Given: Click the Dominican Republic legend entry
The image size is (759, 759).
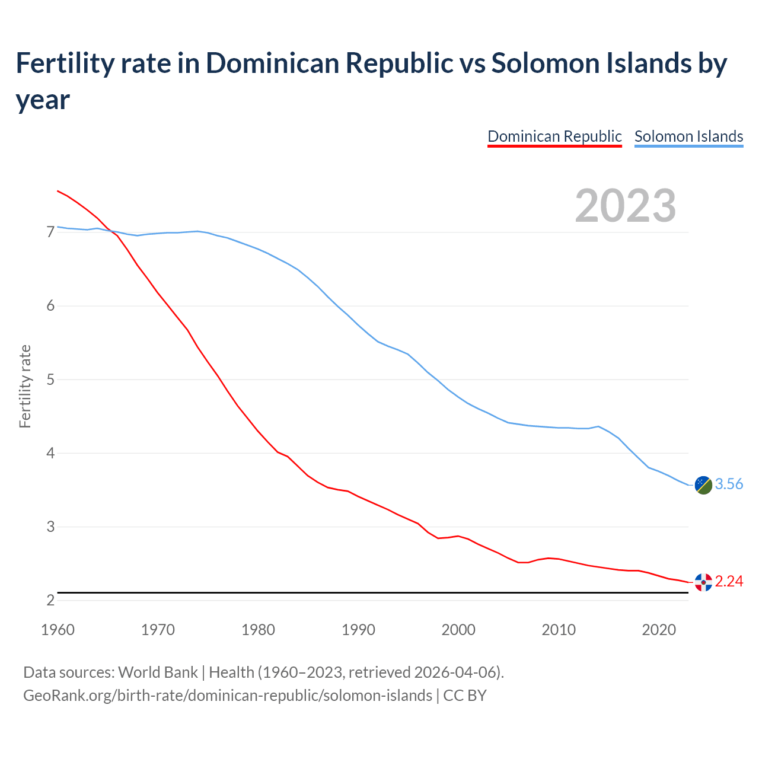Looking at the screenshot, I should point(554,136).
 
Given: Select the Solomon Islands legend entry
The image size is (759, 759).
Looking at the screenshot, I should point(688,136).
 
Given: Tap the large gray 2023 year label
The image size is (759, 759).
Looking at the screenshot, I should point(626,206).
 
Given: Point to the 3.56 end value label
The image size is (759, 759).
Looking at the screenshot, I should point(729,484).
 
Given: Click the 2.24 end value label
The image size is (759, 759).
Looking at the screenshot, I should point(729,582).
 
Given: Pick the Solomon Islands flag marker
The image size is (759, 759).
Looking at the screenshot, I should point(703,484).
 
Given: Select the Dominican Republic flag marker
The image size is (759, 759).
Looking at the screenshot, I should point(703,582).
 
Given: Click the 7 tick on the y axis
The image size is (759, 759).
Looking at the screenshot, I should point(50,232).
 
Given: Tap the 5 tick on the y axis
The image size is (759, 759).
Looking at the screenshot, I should point(50,379).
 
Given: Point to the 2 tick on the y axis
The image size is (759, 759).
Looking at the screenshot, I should point(50,601).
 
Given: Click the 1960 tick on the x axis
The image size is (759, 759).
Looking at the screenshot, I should point(58,630).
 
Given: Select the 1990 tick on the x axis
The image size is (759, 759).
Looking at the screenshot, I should point(358,630).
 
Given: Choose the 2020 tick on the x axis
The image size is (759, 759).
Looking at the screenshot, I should point(659,630).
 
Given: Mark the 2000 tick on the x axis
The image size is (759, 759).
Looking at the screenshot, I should point(458,630).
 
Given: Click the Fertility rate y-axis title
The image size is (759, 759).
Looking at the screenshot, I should point(25,386).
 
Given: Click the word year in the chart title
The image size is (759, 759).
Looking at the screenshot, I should point(43,100).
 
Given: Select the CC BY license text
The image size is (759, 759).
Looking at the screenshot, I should point(465,696).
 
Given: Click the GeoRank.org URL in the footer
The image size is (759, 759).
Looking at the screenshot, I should point(228,696).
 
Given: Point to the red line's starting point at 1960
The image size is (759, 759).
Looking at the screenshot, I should point(58,191).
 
